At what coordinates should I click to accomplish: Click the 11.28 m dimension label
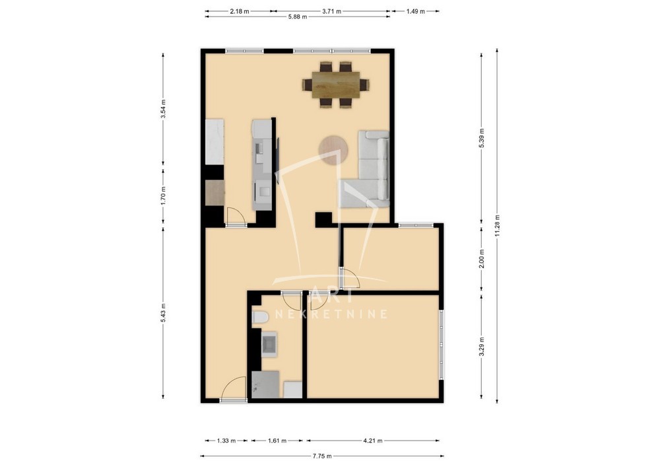[x=497, y=226]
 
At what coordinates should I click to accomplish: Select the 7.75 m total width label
[x=322, y=456]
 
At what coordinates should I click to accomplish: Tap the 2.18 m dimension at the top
[x=239, y=11]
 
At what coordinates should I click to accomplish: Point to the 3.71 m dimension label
[x=331, y=11]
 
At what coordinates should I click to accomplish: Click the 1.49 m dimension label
[x=415, y=11]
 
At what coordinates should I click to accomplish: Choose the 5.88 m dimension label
[x=297, y=17]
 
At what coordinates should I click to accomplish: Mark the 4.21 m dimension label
[x=372, y=441]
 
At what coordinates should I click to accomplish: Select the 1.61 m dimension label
[x=277, y=441]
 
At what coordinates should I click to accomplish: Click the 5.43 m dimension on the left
[x=163, y=313]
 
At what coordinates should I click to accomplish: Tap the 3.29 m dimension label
[x=482, y=345]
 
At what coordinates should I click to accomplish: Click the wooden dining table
[x=335, y=85]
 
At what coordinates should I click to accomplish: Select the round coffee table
[x=333, y=149]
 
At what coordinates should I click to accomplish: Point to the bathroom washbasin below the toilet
[x=269, y=344]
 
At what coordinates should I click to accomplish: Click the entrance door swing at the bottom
[x=234, y=388]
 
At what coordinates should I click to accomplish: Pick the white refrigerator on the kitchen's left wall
[x=214, y=141]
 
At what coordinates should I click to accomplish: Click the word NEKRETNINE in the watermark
[x=331, y=314]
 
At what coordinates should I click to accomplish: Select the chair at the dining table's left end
[x=306, y=85]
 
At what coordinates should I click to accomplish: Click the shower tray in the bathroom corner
[x=265, y=384]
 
